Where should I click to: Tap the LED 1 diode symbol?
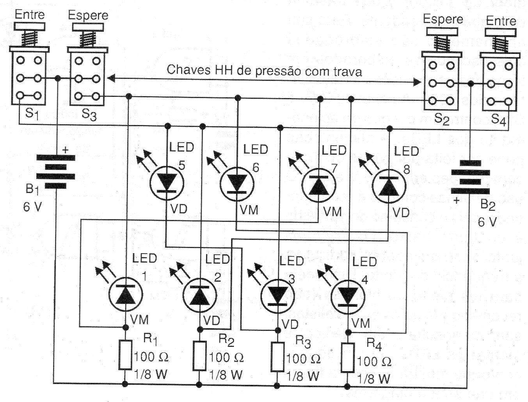click(x=126, y=295)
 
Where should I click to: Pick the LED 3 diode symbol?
click(x=278, y=297)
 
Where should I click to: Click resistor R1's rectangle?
click(x=126, y=355)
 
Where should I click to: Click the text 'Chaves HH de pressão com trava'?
click(x=264, y=71)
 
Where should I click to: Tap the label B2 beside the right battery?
click(x=487, y=205)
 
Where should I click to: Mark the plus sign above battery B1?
click(x=65, y=150)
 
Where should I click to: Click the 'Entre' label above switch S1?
click(x=30, y=15)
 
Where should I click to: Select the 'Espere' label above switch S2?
click(x=443, y=19)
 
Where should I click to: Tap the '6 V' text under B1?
click(x=32, y=207)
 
